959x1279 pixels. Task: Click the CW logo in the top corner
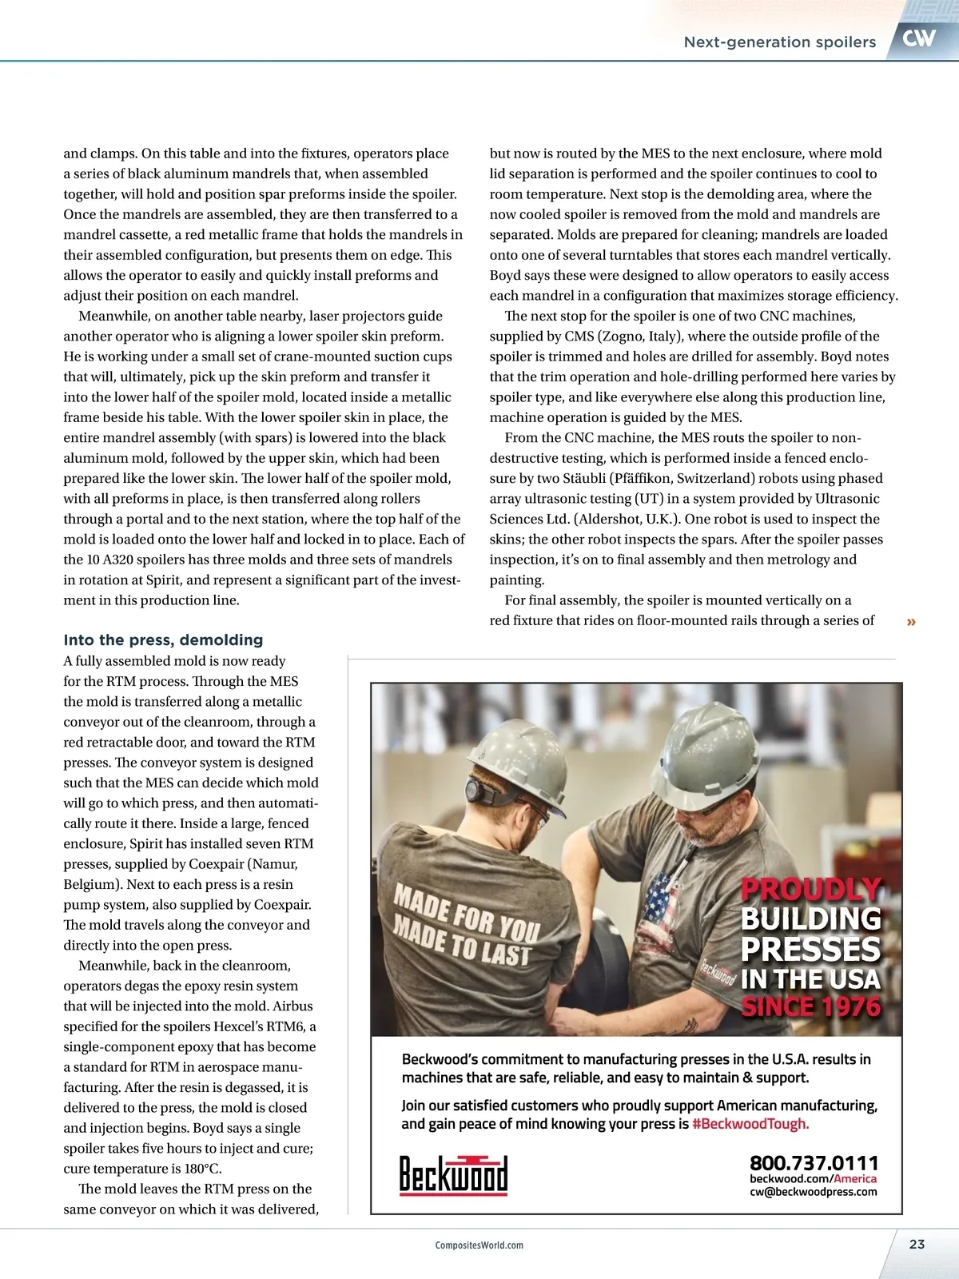coord(919,38)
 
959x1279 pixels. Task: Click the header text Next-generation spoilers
coord(779,42)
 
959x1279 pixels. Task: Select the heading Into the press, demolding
coord(163,639)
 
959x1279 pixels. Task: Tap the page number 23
coord(917,1244)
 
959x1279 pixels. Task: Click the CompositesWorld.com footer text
coord(479,1245)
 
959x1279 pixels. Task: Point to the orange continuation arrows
coord(911,622)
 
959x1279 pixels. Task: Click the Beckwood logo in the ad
coord(453,1175)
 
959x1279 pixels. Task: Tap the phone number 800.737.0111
coord(813,1162)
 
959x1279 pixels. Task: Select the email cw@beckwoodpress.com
coord(813,1192)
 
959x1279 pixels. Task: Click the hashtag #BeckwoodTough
coord(750,1124)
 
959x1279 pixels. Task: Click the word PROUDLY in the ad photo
coord(810,889)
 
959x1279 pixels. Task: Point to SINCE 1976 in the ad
coord(810,1006)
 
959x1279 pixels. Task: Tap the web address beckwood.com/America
coord(813,1178)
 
